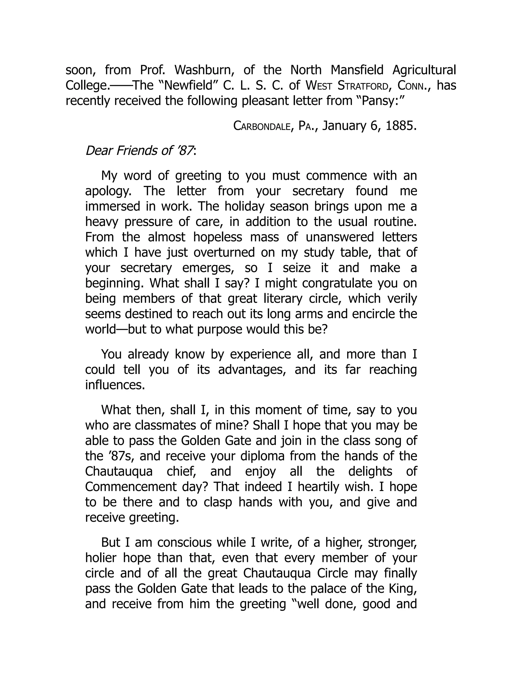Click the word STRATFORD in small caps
click(x=362, y=85)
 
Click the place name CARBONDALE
click(x=262, y=126)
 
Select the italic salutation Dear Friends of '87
click(x=140, y=151)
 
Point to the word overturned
click(x=224, y=253)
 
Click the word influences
click(x=115, y=385)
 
